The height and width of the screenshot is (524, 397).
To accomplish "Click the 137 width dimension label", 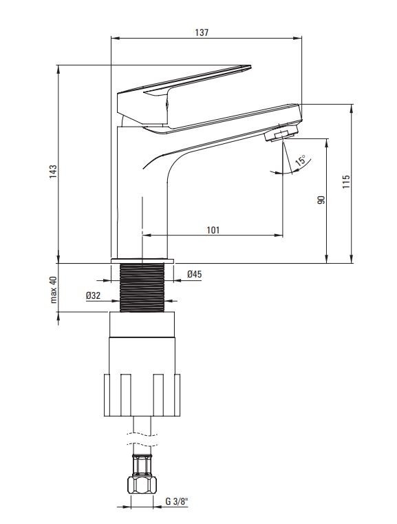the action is (202, 32).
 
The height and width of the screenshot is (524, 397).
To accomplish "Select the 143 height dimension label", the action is (54, 171).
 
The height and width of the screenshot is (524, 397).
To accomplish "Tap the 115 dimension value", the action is (346, 182).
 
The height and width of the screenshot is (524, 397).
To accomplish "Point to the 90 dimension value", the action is (321, 200).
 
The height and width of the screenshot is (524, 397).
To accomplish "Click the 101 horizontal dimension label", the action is (213, 230).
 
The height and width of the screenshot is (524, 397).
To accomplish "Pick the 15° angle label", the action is (301, 160).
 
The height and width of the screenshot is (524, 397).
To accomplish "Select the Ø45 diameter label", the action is (194, 274).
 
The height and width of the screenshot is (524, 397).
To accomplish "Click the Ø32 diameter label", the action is (93, 295).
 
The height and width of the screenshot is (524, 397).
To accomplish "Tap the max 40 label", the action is (54, 290).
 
